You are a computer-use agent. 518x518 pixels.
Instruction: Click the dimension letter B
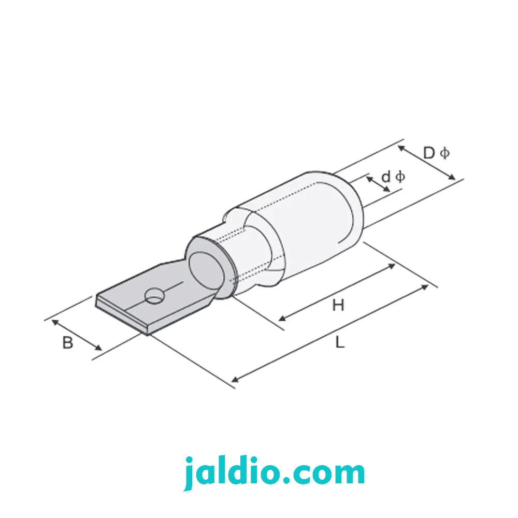click(67, 342)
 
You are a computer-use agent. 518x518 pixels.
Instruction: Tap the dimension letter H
click(338, 305)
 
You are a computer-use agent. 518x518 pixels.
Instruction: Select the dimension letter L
click(340, 342)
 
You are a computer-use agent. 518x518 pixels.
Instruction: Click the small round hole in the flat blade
click(154, 296)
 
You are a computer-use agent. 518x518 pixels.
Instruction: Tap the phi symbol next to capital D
click(445, 153)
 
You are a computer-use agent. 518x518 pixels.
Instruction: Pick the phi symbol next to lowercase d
click(400, 177)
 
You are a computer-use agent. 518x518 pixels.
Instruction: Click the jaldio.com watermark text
click(274, 472)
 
